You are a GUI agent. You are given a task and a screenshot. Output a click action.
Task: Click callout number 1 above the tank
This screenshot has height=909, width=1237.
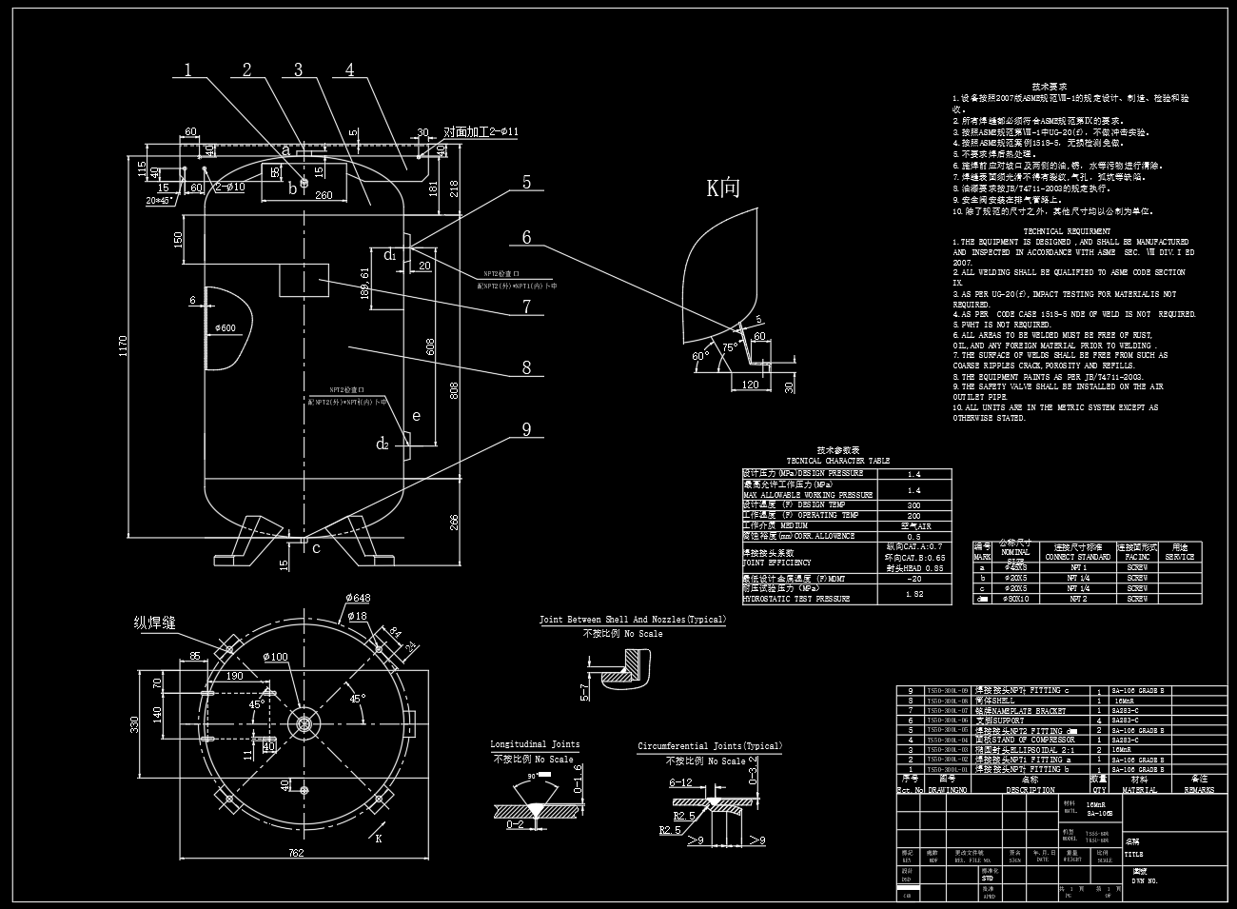(188, 69)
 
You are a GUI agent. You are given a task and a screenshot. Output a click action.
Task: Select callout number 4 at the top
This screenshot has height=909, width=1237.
(350, 69)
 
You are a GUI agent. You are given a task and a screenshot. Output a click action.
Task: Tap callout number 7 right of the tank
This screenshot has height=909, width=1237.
(526, 306)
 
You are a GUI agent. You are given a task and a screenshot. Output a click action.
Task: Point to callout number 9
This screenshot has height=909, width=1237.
(526, 429)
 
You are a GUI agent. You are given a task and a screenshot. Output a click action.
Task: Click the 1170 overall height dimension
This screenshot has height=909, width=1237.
(121, 350)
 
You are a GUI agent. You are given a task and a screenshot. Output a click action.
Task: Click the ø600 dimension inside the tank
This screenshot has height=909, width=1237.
(226, 328)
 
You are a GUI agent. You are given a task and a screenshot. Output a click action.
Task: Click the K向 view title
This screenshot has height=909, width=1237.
(722, 188)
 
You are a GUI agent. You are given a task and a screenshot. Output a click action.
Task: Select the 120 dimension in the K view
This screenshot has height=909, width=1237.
(750, 385)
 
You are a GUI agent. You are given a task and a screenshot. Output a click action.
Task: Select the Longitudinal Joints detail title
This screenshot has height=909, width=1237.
(535, 744)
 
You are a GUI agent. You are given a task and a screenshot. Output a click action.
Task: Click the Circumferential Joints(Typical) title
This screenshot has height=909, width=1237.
(709, 746)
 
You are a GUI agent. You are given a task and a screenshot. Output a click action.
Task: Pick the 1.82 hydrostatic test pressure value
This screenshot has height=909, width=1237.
(913, 594)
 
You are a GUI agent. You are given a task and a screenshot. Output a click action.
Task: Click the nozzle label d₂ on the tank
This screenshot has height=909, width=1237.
(383, 444)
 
